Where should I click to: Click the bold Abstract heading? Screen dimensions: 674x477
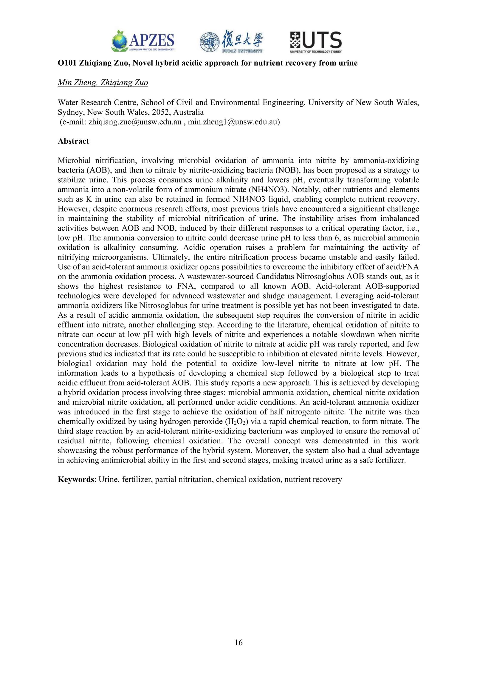click(73, 141)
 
